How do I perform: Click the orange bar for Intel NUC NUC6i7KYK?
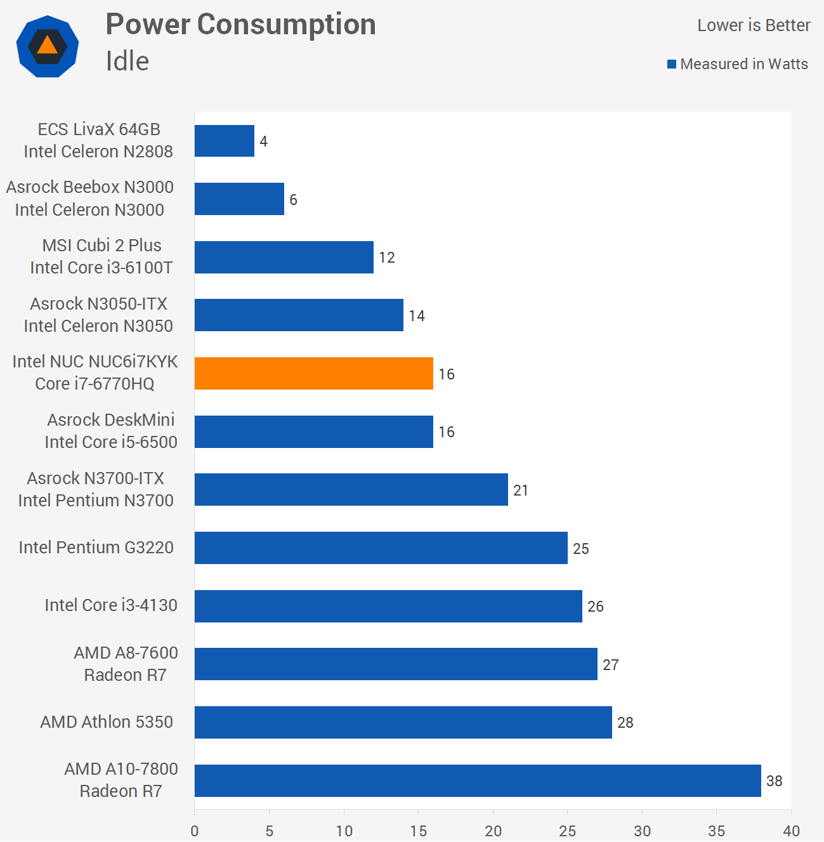pyautogui.click(x=314, y=373)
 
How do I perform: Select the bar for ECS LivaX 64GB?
pyautogui.click(x=225, y=141)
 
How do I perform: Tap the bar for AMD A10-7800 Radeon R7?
pyautogui.click(x=478, y=780)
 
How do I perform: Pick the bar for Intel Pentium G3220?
pyautogui.click(x=381, y=548)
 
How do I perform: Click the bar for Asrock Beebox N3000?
pyautogui.click(x=239, y=199)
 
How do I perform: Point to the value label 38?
pyautogui.click(x=774, y=781)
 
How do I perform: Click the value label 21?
pyautogui.click(x=520, y=490)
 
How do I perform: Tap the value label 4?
pyautogui.click(x=263, y=141)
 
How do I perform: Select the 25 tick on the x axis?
pyautogui.click(x=567, y=831)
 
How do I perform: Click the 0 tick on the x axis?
pyautogui.click(x=194, y=831)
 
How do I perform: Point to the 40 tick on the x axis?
pyautogui.click(x=791, y=831)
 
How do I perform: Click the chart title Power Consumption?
pyautogui.click(x=241, y=25)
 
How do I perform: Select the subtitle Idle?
pyautogui.click(x=128, y=61)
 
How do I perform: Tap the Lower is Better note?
pyautogui.click(x=754, y=25)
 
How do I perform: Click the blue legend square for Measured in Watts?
pyautogui.click(x=672, y=64)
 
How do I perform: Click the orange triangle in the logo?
pyautogui.click(x=47, y=46)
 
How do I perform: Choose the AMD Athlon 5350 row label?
pyautogui.click(x=107, y=722)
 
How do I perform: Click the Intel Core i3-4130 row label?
pyautogui.click(x=111, y=605)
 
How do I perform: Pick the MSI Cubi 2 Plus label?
pyautogui.click(x=101, y=245)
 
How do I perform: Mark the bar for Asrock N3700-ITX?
pyautogui.click(x=351, y=489)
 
